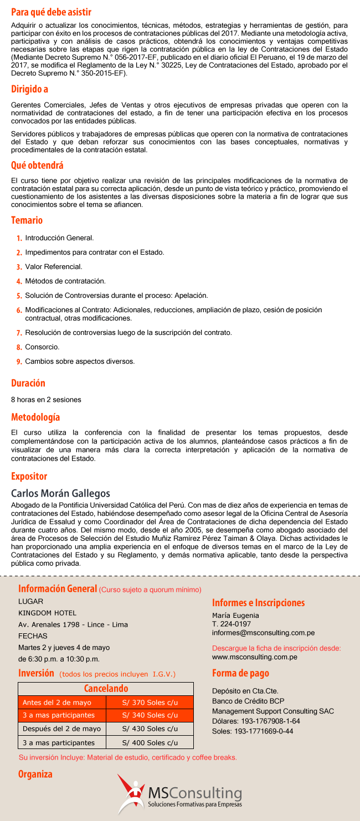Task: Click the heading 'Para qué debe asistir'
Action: [51, 12]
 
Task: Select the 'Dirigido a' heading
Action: [29, 89]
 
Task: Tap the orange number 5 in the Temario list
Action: [19, 296]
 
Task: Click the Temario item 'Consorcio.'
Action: [42, 347]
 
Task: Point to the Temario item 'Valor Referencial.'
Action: [54, 267]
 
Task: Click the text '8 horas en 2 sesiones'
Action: [46, 399]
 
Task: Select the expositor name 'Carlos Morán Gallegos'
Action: [60, 493]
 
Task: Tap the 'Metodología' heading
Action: [35, 417]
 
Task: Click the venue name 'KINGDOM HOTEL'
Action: [47, 613]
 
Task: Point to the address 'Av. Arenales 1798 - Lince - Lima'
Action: [73, 624]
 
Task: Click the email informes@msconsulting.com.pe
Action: [263, 632]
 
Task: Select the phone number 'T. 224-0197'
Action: [231, 624]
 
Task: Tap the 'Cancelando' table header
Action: [106, 689]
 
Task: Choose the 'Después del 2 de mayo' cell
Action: [61, 729]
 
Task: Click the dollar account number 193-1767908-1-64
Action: [271, 721]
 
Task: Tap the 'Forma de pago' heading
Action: [240, 673]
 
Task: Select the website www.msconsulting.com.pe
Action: [254, 657]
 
